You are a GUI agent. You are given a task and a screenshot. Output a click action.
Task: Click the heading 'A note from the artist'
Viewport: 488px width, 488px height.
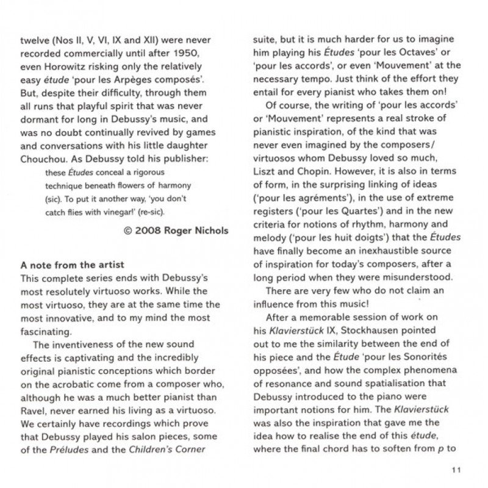[73, 265]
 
